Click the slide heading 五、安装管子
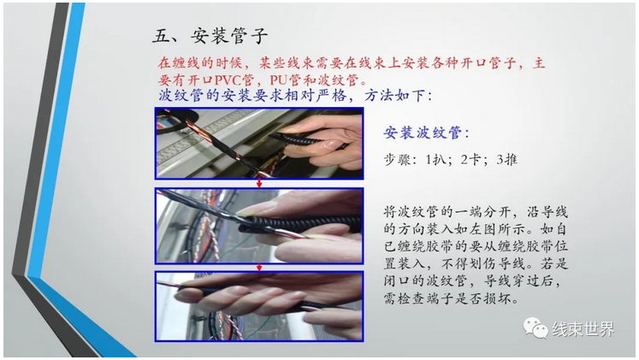[210, 36]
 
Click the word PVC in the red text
[228, 80]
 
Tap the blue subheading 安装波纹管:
[426, 133]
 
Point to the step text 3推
[507, 159]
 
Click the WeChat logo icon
[535, 328]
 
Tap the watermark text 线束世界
[583, 329]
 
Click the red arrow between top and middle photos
[259, 183]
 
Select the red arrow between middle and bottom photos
[259, 266]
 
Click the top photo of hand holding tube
[259, 143]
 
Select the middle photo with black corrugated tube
[259, 225]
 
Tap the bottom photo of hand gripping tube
[259, 306]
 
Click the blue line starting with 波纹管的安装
[295, 96]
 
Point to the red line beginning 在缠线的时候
[352, 63]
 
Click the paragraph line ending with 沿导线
[475, 212]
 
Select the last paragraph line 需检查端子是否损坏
[451, 298]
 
